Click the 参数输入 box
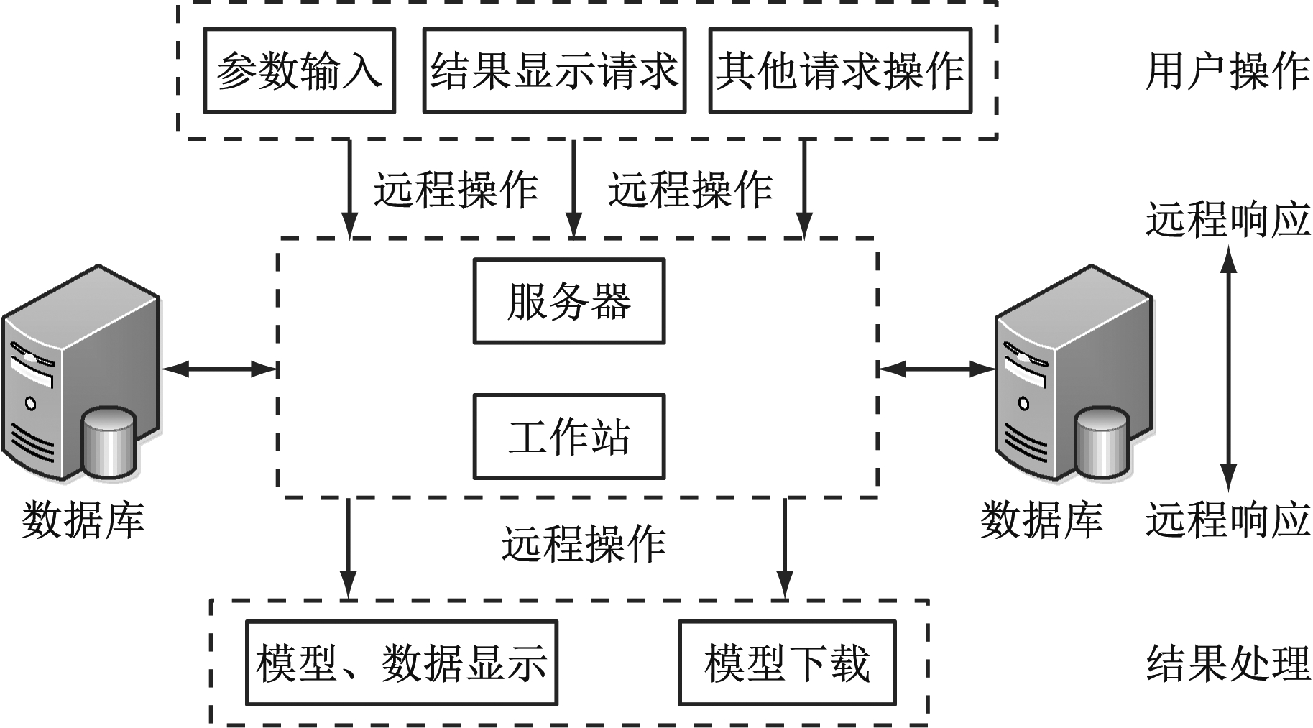click(x=299, y=70)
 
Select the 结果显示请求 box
click(x=553, y=70)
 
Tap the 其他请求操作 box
click(x=839, y=70)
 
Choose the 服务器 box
click(x=568, y=301)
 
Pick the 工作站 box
click(x=568, y=436)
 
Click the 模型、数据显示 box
click(x=401, y=663)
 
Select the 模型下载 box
click(x=787, y=663)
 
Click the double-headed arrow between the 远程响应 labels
click(x=1228, y=369)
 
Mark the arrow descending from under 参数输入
click(x=349, y=188)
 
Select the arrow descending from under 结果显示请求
click(x=573, y=188)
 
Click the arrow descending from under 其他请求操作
click(x=804, y=188)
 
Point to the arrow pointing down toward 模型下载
click(x=784, y=548)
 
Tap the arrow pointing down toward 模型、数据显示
click(x=349, y=548)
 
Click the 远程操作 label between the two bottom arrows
click(x=583, y=544)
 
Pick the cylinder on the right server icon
click(x=1102, y=443)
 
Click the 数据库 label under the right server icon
click(x=1041, y=520)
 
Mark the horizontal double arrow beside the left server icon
click(x=219, y=369)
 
